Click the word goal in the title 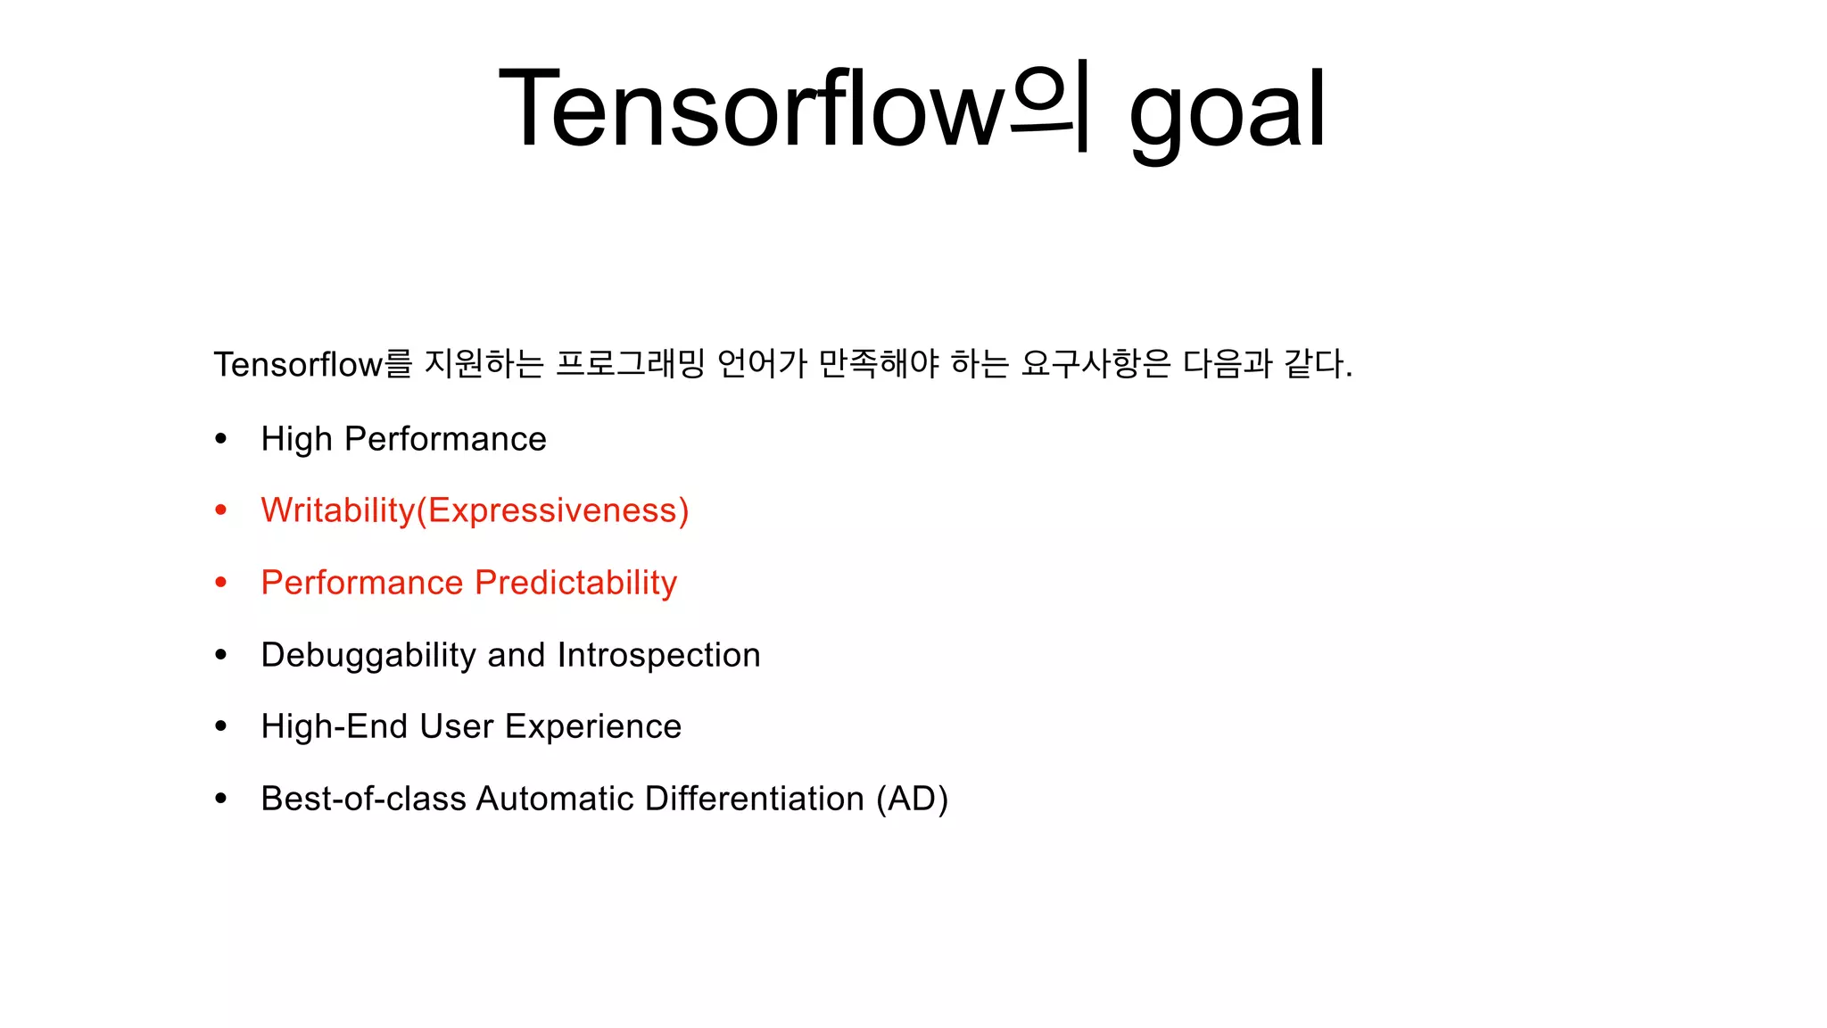1228,112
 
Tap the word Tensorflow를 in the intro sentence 312,364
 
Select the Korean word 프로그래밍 630,364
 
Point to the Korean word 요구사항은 1095,364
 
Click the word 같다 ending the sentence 1316,364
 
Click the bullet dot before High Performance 221,438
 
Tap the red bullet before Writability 221,510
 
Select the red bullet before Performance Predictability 221,583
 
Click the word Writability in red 338,510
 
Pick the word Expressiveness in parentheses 552,510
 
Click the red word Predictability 575,583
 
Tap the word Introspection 658,655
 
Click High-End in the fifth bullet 334,726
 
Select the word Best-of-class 363,799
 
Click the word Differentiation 754,799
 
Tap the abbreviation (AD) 912,799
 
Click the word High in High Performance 296,439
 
